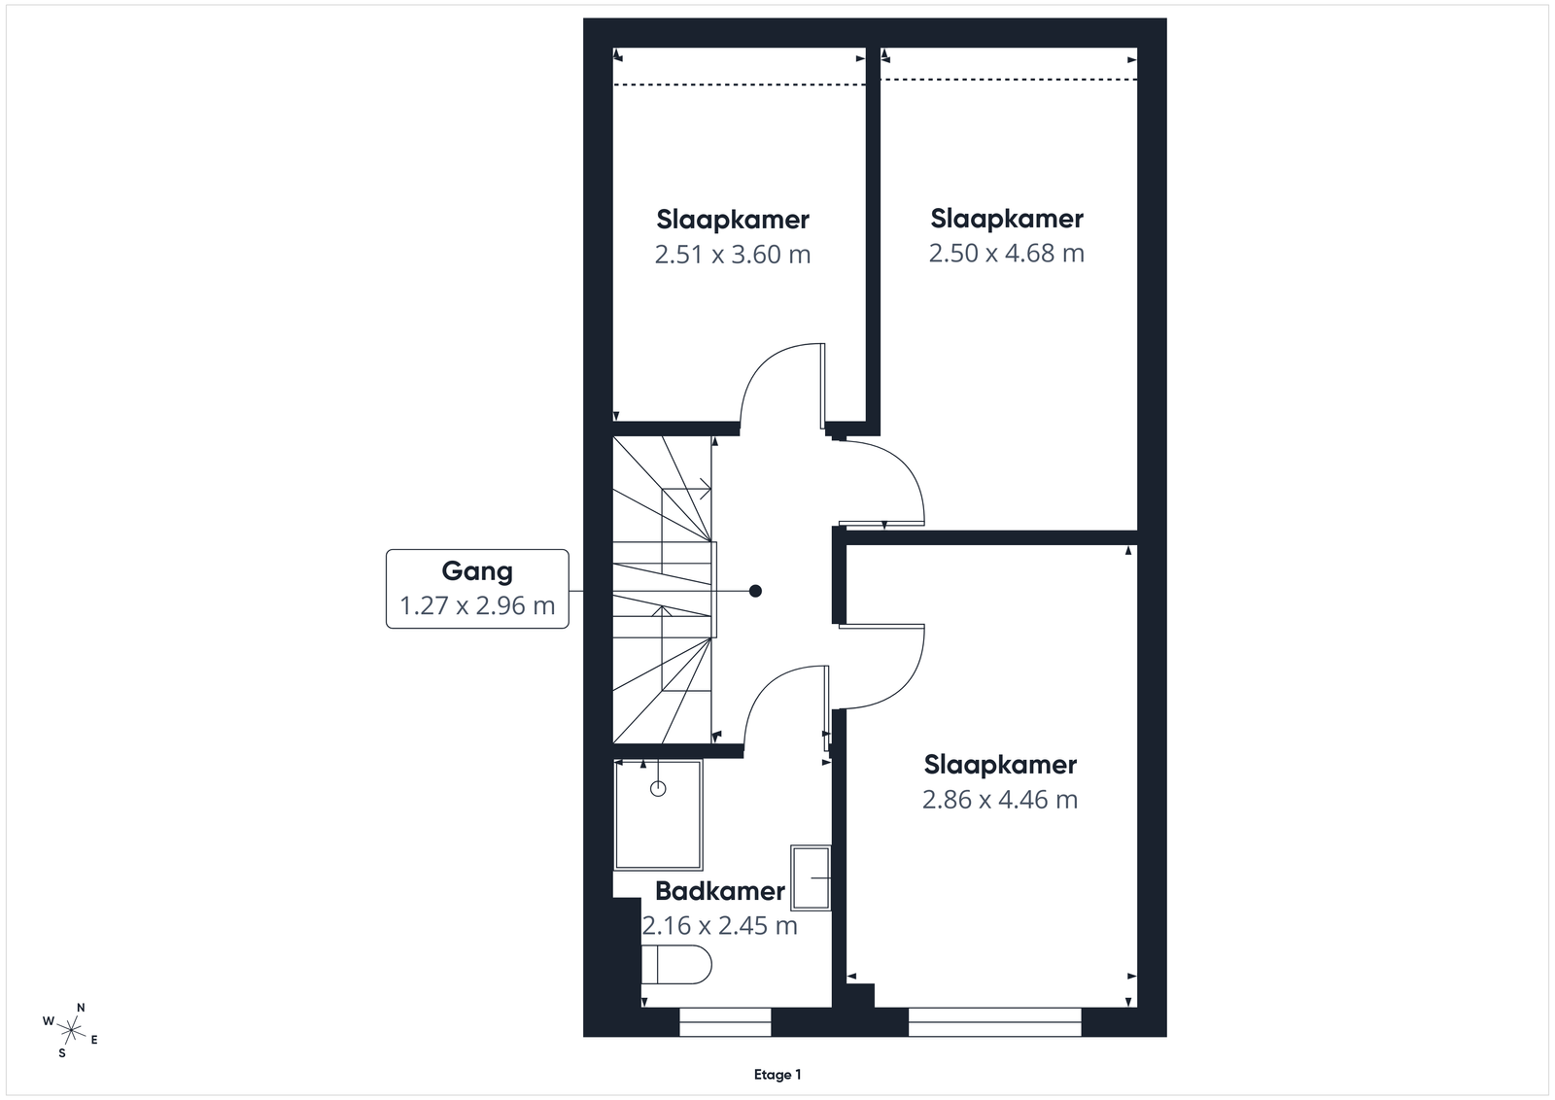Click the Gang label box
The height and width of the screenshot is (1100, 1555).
tap(477, 589)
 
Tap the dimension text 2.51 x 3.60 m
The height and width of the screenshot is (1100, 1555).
tap(733, 255)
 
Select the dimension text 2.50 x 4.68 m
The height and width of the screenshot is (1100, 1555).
tap(1007, 254)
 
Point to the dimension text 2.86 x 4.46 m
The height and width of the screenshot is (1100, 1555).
tap(1000, 800)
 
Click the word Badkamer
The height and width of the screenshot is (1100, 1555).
tap(720, 891)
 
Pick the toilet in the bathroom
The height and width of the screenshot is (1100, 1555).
tap(676, 964)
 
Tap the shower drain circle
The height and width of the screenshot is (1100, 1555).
tap(658, 788)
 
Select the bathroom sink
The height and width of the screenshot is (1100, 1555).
tap(811, 877)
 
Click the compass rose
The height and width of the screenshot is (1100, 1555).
tap(71, 1031)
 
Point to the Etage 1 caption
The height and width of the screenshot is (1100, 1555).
tap(777, 1075)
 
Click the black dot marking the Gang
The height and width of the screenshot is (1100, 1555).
tap(755, 591)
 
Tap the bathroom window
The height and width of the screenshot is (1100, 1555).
tap(725, 1021)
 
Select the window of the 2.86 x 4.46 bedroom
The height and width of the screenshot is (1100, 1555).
tap(995, 1021)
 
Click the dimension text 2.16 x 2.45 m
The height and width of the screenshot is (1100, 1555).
tap(720, 926)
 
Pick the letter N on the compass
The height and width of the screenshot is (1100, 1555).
tap(81, 1008)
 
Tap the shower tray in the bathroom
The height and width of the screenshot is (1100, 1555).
tap(658, 814)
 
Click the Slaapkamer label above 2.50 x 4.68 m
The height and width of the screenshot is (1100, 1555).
tap(1007, 219)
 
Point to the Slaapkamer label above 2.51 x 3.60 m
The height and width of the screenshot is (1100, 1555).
tap(733, 220)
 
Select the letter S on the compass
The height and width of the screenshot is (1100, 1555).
tap(62, 1052)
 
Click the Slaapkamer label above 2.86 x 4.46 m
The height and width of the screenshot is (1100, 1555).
tap(1000, 765)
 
